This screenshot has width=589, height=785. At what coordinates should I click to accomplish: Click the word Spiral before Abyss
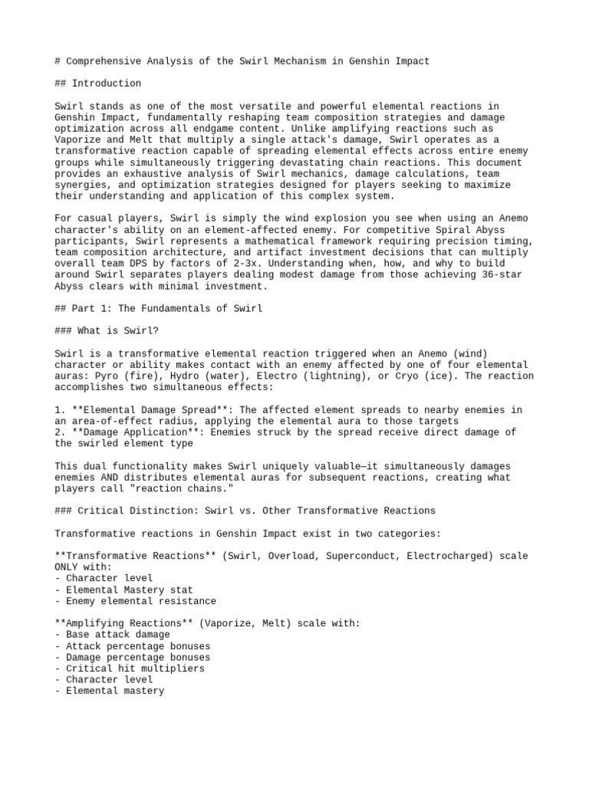tap(429, 229)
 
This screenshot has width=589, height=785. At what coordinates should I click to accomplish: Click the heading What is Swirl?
tap(117, 330)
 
